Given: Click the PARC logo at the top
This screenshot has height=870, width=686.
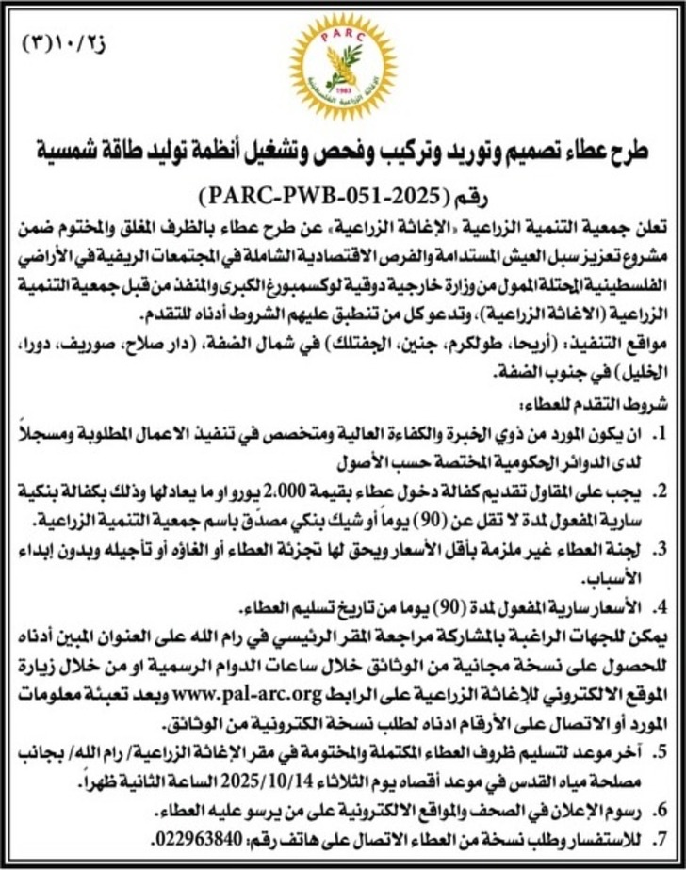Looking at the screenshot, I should [342, 66].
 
